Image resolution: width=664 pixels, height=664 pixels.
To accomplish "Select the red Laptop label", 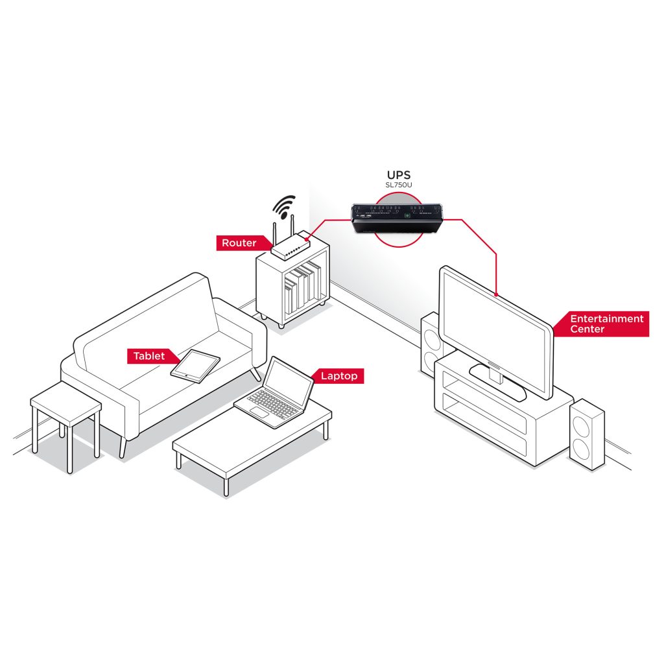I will coord(338,376).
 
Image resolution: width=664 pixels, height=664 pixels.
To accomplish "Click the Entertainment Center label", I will coord(606,324).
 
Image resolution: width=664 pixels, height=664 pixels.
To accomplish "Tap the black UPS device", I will coord(397,217).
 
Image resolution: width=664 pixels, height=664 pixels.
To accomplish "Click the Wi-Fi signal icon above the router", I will coord(284,206).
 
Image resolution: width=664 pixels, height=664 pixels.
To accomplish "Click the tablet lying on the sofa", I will coord(195,365).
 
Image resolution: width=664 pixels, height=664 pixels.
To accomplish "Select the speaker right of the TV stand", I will coord(587,433).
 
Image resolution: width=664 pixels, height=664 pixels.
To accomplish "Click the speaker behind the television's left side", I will coord(431,344).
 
